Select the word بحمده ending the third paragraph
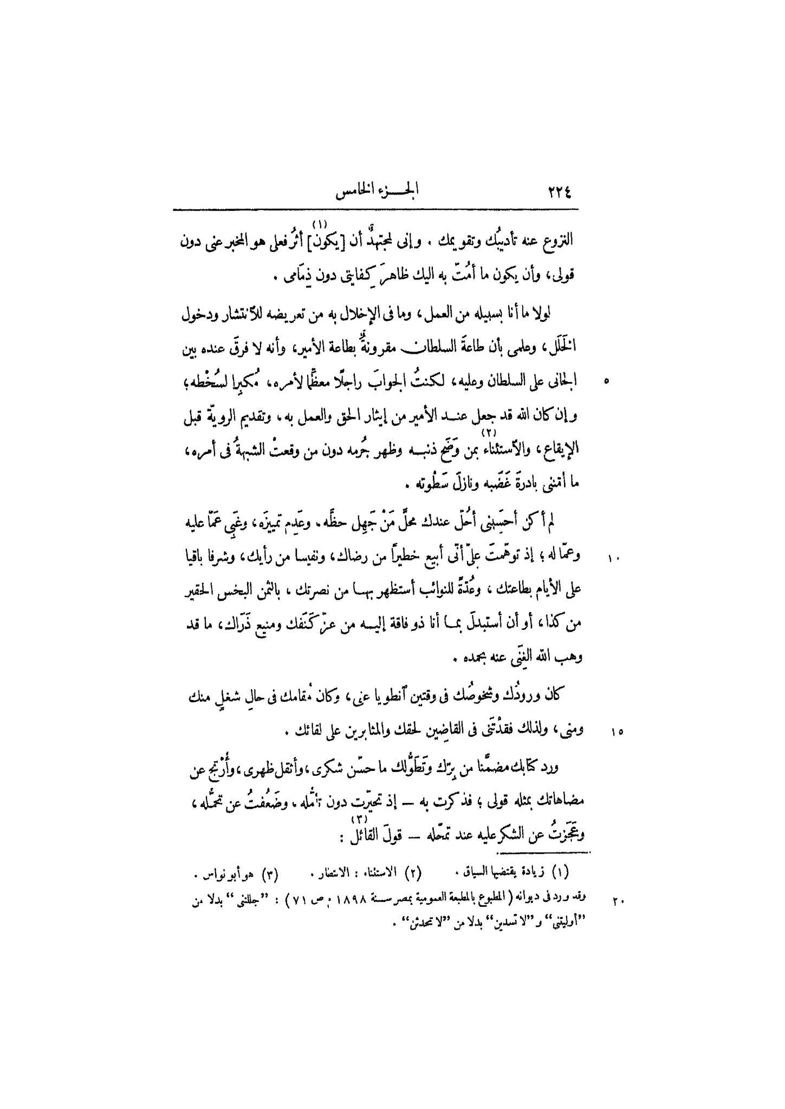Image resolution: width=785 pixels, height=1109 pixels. pos(471,659)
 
